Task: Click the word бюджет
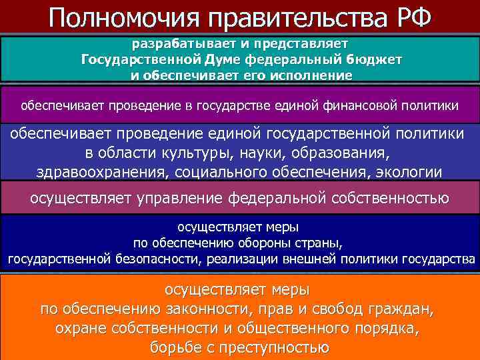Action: point(374,60)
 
